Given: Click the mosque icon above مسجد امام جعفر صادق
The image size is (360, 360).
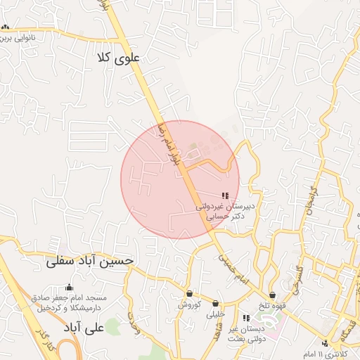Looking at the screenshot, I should click(x=69, y=287).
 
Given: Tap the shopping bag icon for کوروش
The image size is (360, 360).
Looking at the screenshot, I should click(x=189, y=293).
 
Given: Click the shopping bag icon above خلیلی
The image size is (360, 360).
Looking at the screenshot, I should click(x=215, y=303).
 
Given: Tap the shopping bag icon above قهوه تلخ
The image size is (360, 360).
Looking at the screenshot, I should click(x=272, y=295).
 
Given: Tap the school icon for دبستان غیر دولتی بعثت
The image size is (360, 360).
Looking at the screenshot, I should click(x=245, y=318).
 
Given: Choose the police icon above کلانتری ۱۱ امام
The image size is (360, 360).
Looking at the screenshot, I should click(x=325, y=343).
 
